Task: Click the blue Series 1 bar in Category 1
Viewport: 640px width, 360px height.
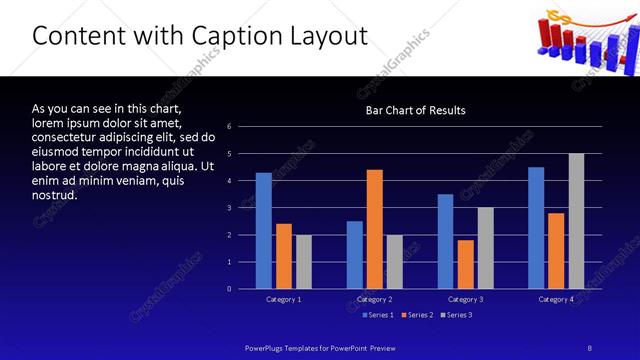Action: tap(263, 231)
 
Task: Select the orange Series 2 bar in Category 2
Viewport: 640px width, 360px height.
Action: tap(374, 229)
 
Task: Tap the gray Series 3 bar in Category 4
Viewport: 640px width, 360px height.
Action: tap(576, 221)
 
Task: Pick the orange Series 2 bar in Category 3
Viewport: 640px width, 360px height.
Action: tap(465, 264)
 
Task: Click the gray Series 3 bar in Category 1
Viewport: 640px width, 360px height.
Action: tap(303, 262)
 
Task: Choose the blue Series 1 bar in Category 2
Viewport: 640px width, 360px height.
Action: tap(355, 255)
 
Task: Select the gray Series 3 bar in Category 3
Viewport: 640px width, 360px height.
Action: tap(485, 248)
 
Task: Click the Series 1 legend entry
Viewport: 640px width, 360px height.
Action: tap(376, 315)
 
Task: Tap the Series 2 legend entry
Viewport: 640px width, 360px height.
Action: tap(417, 315)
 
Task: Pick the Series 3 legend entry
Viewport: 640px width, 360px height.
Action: tap(458, 315)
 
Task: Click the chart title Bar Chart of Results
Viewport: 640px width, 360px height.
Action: tap(416, 110)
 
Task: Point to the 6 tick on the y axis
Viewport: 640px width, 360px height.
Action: tap(230, 127)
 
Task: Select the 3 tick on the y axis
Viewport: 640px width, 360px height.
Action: tap(230, 208)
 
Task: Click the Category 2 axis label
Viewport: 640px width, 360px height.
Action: tap(374, 299)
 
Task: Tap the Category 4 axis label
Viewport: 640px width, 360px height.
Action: tap(556, 299)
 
